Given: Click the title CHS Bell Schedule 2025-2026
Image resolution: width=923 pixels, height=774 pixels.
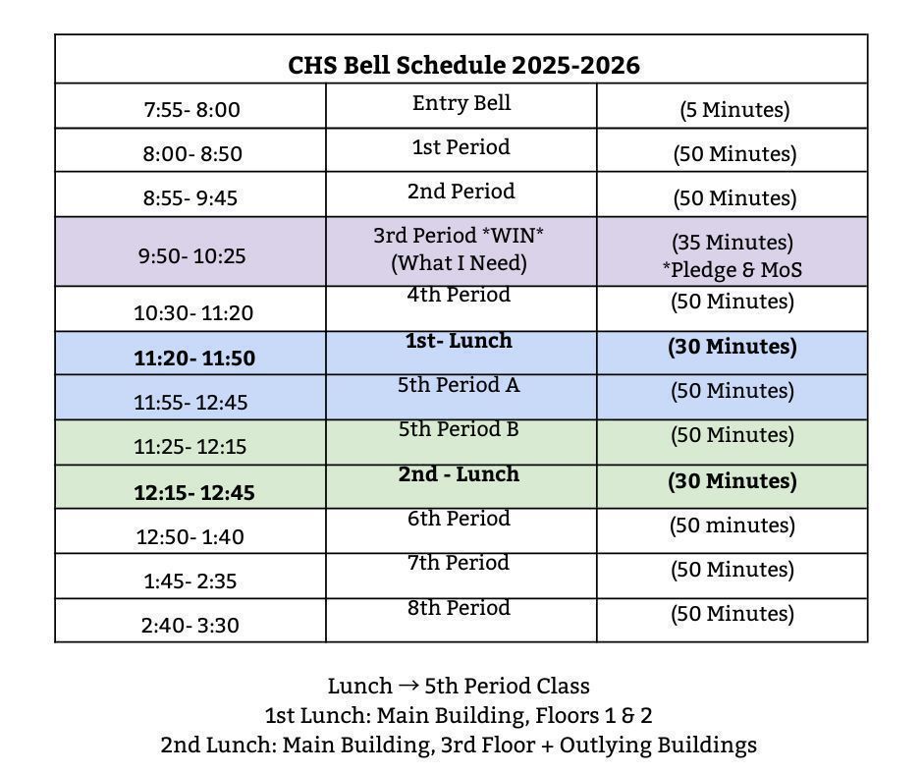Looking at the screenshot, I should click(x=463, y=65).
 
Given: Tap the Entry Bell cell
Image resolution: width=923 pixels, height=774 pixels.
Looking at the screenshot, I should click(x=461, y=103).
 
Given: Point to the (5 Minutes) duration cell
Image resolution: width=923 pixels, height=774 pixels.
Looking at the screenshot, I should click(x=733, y=110).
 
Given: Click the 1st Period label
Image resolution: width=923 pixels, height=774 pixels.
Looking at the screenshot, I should click(x=461, y=147).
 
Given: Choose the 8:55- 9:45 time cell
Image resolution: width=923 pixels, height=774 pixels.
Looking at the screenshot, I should click(x=190, y=198).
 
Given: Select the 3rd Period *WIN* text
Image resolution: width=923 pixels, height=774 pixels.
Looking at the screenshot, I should click(x=459, y=236).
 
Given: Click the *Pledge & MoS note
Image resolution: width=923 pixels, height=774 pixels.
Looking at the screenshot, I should click(x=733, y=269).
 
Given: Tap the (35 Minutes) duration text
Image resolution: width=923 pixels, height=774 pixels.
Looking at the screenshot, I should click(x=733, y=243).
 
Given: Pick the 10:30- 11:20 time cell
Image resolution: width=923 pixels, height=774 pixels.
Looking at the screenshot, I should click(x=193, y=313).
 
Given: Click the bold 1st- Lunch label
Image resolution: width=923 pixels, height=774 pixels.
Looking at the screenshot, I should click(x=459, y=341).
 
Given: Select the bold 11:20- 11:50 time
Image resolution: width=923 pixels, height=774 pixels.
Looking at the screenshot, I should click(x=193, y=359).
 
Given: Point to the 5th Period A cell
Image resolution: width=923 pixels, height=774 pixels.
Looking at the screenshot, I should click(x=459, y=385).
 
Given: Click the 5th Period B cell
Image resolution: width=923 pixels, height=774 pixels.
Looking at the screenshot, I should click(x=459, y=429).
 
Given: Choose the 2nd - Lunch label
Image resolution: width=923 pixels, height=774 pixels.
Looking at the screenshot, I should click(x=459, y=474).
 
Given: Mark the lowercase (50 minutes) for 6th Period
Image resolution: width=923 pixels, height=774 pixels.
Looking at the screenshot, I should click(x=733, y=525).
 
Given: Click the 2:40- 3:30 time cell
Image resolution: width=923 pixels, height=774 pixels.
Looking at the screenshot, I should click(x=190, y=626).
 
